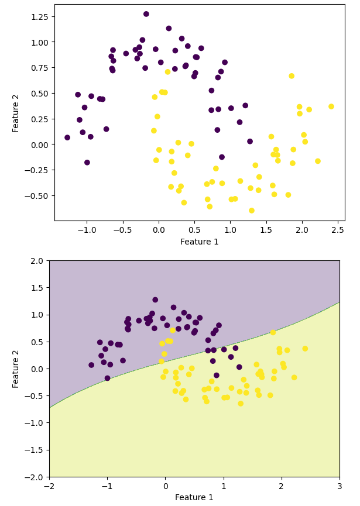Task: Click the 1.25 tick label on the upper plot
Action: [39, 17]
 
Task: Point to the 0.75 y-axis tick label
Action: [39, 68]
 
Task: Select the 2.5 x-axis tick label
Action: [338, 230]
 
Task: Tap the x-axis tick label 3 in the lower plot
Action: [340, 486]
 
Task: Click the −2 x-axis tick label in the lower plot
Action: [49, 486]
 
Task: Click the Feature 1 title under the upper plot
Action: [199, 242]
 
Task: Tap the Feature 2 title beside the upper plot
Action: [15, 113]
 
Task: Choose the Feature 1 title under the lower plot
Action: [194, 497]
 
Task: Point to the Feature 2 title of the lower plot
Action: [15, 369]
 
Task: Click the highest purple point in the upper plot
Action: [146, 14]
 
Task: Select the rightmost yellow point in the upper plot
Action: [331, 106]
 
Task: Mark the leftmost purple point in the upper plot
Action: [67, 137]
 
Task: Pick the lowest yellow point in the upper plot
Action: [252, 211]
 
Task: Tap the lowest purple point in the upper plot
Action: [87, 162]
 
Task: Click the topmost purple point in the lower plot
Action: [155, 300]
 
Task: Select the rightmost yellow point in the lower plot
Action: [305, 349]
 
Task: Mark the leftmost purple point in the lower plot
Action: [91, 365]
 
